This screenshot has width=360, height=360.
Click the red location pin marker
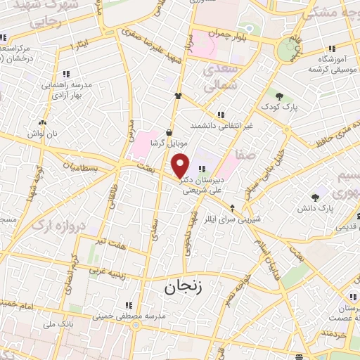coord(181,165)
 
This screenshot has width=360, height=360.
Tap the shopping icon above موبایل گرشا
coord(169,131)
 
